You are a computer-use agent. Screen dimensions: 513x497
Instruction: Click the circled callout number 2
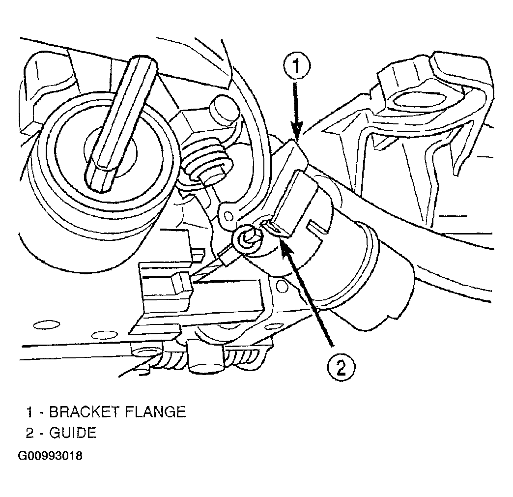click(341, 368)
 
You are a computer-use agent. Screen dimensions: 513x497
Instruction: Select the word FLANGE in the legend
click(155, 412)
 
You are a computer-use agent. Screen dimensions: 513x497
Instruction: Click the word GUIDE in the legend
click(73, 433)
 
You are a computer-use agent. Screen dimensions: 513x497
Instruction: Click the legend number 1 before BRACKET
click(30, 412)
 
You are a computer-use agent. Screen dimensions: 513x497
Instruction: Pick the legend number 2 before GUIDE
click(30, 433)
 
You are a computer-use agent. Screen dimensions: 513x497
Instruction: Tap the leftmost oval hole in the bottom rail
click(47, 325)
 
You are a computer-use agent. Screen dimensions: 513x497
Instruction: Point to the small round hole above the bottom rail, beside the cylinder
click(282, 286)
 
